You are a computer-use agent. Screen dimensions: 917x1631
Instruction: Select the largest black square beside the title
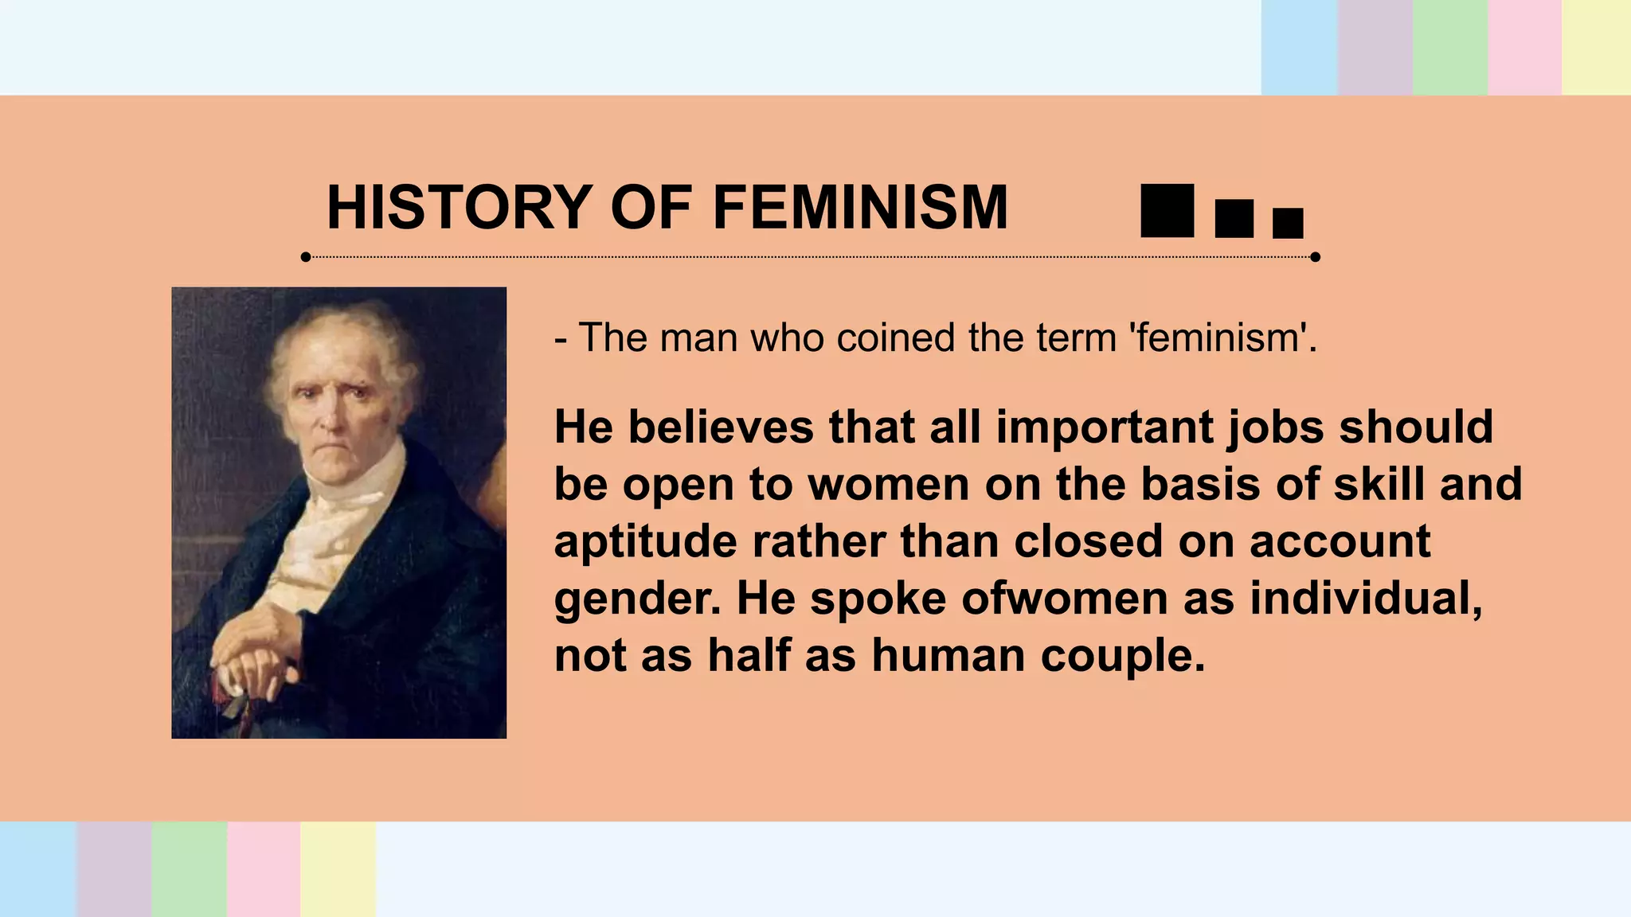tap(1167, 211)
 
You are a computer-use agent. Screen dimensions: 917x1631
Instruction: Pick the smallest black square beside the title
tap(1288, 224)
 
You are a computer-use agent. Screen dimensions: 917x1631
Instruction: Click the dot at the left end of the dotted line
tap(306, 257)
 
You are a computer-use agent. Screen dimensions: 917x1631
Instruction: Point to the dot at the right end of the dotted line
tap(1315, 257)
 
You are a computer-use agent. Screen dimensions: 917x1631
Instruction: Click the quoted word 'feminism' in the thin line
tap(1218, 338)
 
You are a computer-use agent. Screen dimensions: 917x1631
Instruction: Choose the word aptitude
tap(646, 542)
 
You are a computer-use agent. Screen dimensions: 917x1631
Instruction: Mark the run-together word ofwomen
tap(1065, 599)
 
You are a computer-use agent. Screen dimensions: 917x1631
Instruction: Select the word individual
tap(1366, 599)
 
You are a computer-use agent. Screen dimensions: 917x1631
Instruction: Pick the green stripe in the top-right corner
tap(1449, 48)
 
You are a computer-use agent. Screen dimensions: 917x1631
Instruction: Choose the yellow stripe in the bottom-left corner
tap(338, 869)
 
